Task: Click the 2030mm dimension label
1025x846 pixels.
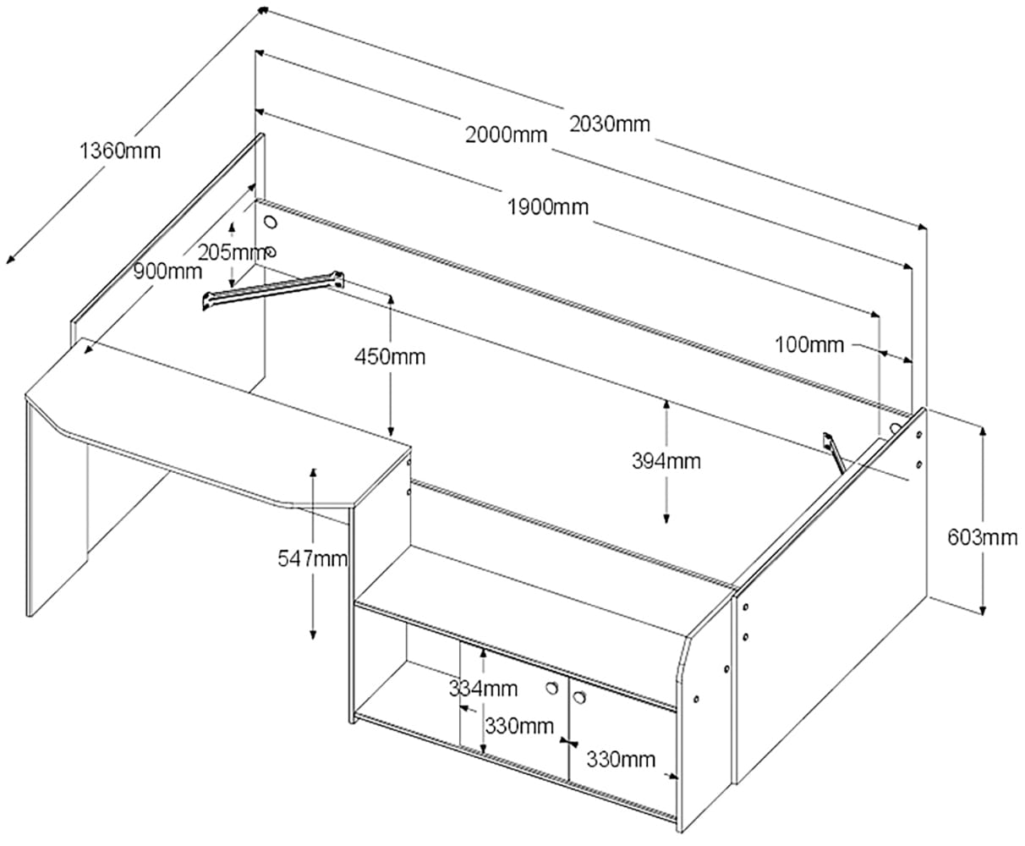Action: click(609, 124)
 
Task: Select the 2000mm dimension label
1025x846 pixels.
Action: click(506, 135)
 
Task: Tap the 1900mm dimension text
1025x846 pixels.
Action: click(548, 206)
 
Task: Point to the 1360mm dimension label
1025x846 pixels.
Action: click(119, 151)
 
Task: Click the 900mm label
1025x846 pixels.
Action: click(167, 271)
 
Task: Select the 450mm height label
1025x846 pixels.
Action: click(390, 356)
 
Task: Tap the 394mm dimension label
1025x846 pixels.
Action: click(666, 461)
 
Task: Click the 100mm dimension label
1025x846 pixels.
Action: click(808, 344)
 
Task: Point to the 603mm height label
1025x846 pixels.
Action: click(983, 536)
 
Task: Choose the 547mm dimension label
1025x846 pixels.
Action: click(313, 558)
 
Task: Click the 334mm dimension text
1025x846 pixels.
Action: click(483, 689)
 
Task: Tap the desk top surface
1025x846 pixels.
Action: click(220, 423)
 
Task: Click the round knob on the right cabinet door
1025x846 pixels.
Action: click(580, 696)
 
